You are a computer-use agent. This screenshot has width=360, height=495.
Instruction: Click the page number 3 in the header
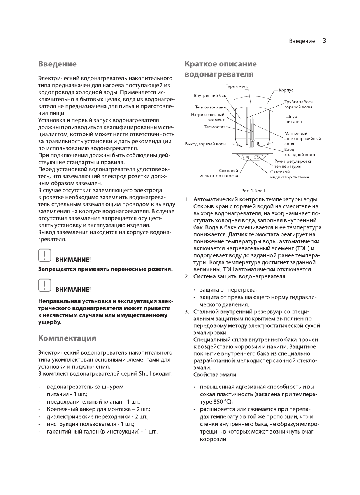pyautogui.click(x=324, y=41)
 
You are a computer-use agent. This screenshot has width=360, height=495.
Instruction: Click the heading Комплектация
pyautogui.click(x=67, y=338)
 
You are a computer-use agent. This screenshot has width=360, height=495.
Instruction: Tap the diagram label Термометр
pyautogui.click(x=237, y=86)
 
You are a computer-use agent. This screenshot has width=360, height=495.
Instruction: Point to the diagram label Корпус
pyautogui.click(x=286, y=90)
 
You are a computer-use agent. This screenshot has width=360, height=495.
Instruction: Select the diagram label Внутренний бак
pyautogui.click(x=210, y=95)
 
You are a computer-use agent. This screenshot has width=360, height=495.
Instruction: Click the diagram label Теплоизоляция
pyautogui.click(x=211, y=107)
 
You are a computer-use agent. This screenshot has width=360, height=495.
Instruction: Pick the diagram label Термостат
pyautogui.click(x=215, y=126)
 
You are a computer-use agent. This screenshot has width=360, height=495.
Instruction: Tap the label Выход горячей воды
pyautogui.click(x=205, y=144)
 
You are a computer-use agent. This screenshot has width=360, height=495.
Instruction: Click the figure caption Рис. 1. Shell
pyautogui.click(x=253, y=191)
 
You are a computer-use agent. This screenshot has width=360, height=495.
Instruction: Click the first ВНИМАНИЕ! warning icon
pyautogui.click(x=45, y=255)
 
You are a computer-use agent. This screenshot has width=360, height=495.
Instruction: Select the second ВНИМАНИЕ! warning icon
pyautogui.click(x=45, y=286)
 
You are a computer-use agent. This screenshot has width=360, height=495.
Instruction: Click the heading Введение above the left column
pyautogui.click(x=57, y=63)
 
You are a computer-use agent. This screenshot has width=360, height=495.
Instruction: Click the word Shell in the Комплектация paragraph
pyautogui.click(x=145, y=374)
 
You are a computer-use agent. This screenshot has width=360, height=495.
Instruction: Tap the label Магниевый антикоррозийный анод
pyautogui.click(x=302, y=138)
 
